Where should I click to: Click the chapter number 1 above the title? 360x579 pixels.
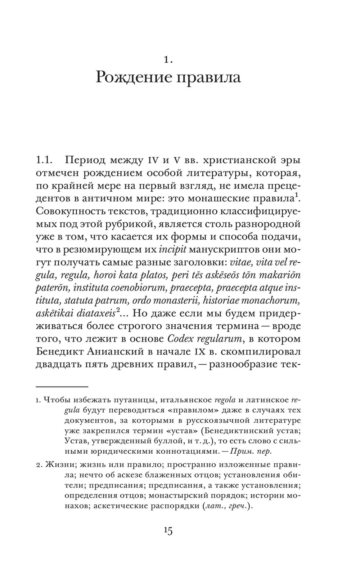(168, 60)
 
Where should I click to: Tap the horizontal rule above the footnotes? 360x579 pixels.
(62, 387)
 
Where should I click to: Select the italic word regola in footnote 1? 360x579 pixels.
(225, 400)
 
